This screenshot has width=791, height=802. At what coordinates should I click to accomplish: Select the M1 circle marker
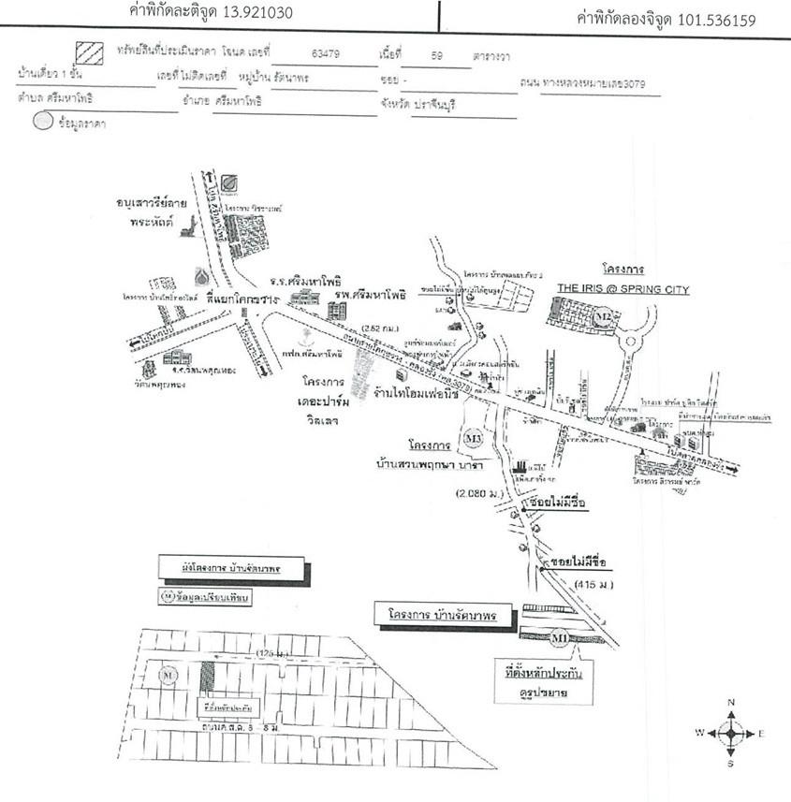pos(559,639)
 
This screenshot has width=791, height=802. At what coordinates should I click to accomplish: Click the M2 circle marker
pos(604,318)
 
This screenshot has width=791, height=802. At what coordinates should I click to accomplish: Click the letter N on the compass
pos(731,702)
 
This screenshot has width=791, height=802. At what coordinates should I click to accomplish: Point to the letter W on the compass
pos(698,733)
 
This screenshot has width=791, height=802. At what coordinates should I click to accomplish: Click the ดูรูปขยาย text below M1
pos(533,693)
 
